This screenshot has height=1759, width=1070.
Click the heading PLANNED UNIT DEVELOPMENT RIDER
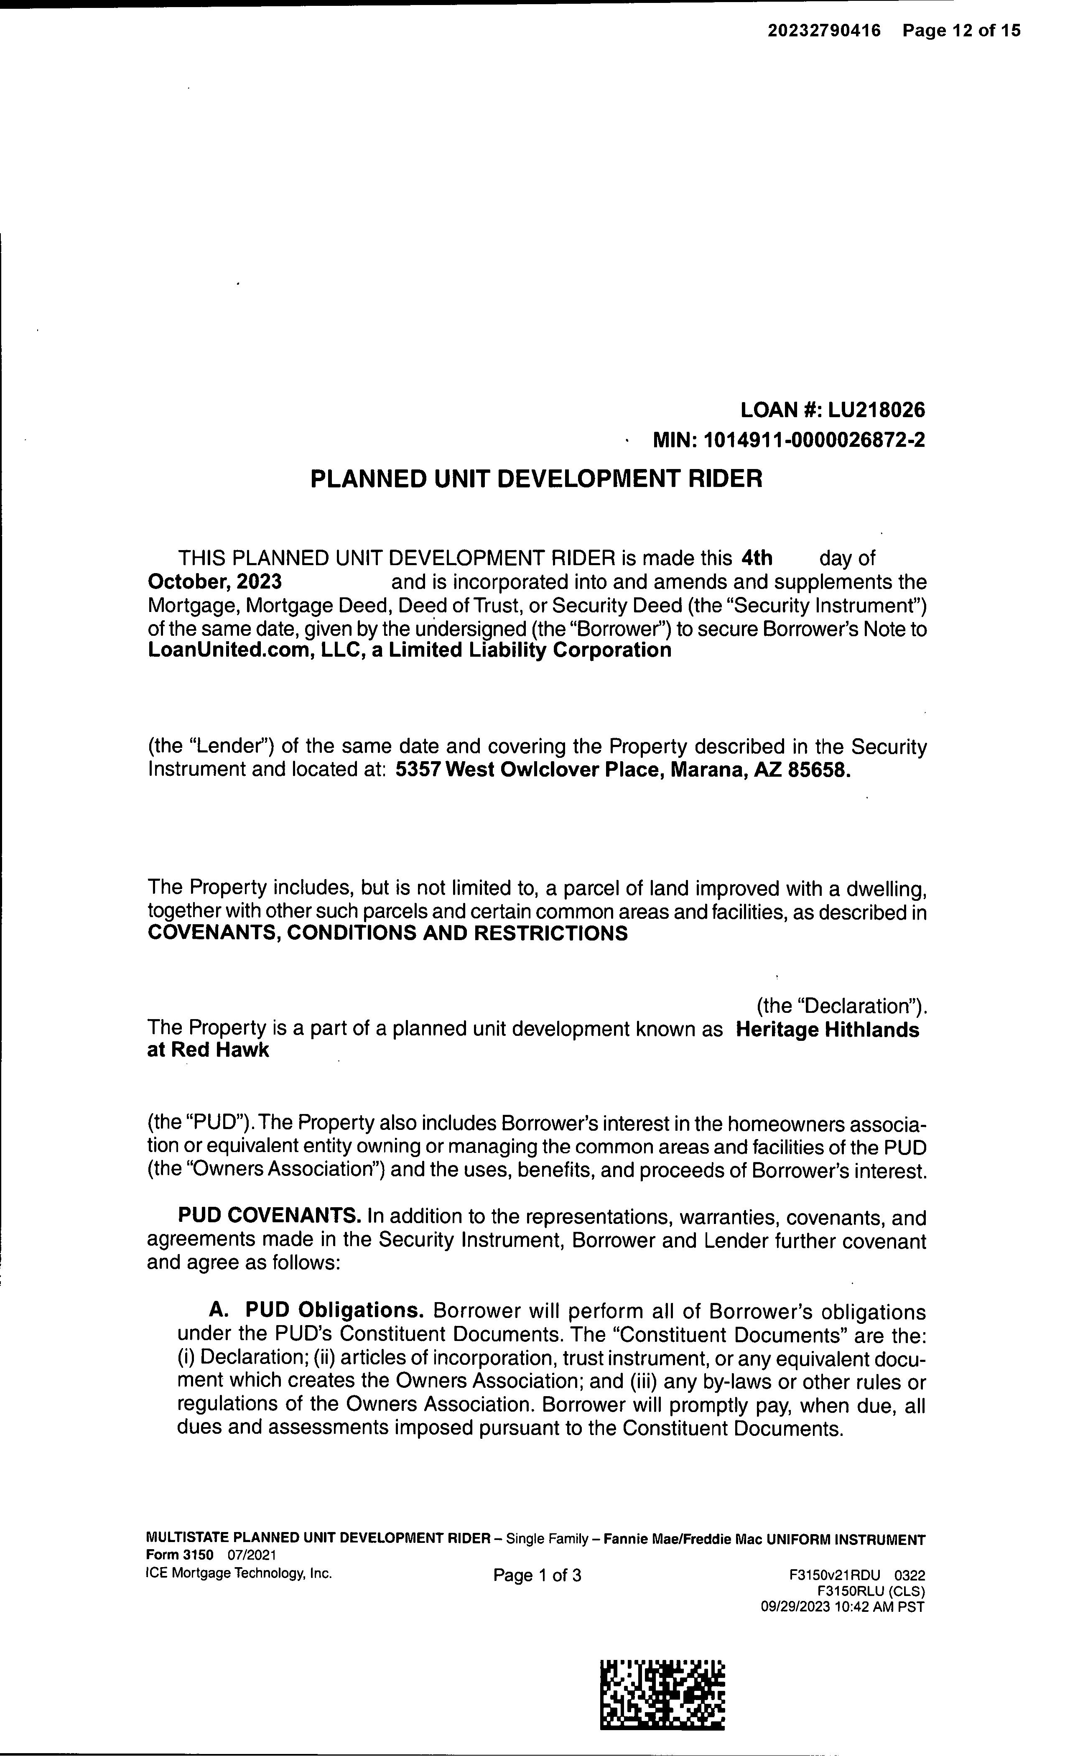tap(536, 478)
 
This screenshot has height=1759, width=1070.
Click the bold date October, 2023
tap(214, 581)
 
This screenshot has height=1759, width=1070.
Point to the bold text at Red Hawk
tap(208, 1051)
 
